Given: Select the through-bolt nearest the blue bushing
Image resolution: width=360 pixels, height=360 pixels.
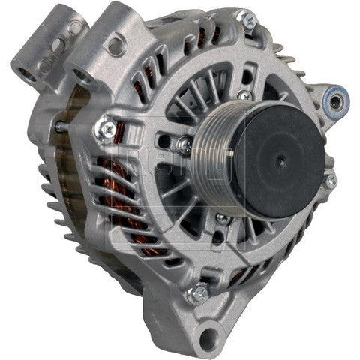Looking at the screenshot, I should point(329,181).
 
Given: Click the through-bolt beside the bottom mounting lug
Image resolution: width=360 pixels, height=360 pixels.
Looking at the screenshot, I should point(199,293).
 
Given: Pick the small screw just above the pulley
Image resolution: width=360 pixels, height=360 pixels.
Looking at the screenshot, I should point(244,96).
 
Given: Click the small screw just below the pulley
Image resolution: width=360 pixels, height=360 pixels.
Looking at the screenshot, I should point(221,218).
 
